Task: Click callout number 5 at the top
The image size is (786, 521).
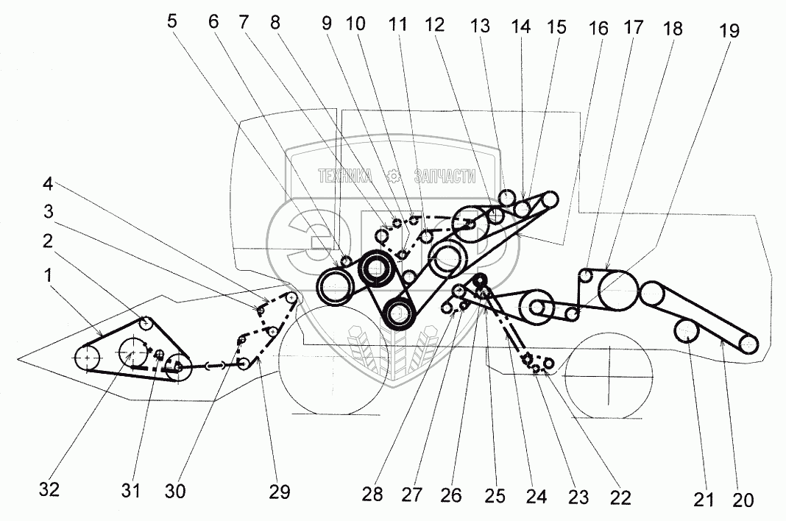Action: coord(172,21)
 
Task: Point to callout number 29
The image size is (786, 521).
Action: coord(280,491)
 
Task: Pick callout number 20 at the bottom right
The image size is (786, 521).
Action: coord(742,500)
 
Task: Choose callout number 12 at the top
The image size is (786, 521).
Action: coord(435,25)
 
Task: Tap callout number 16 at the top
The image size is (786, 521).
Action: coord(598,29)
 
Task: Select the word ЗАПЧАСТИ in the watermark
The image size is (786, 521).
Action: coord(445,177)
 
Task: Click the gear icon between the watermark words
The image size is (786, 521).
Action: coord(394,177)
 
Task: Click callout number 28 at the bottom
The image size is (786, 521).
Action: coord(373,495)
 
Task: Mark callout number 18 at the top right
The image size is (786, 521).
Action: coord(672,29)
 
